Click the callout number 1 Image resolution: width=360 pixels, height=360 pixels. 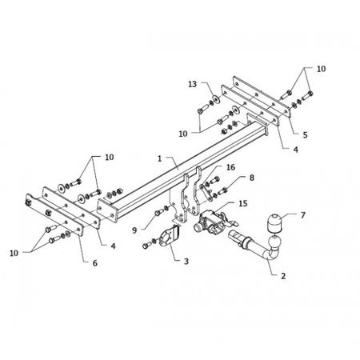point(159,158)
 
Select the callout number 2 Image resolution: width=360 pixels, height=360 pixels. point(283,276)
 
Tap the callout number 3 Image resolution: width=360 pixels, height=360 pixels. point(186,262)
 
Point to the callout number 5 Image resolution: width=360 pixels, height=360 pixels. point(305,135)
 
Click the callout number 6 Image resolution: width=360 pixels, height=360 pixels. point(95,263)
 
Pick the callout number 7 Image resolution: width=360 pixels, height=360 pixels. point(302,215)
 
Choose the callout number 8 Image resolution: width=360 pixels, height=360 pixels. point(252,178)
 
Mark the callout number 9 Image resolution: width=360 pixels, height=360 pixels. point(134,230)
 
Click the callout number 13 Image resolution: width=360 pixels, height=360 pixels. point(192,84)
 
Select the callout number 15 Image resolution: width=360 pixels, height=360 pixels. point(242,204)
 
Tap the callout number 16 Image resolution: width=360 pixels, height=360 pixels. point(230,167)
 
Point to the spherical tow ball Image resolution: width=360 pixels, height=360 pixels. point(275,242)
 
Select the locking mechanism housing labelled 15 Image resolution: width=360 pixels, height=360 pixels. point(210,222)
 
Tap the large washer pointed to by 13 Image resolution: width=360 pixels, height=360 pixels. point(216,99)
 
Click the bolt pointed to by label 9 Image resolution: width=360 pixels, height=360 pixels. point(159,213)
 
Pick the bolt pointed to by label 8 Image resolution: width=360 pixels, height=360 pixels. point(222,191)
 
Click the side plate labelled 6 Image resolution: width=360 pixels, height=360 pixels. point(54,215)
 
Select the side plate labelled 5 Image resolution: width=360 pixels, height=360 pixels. point(262,97)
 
